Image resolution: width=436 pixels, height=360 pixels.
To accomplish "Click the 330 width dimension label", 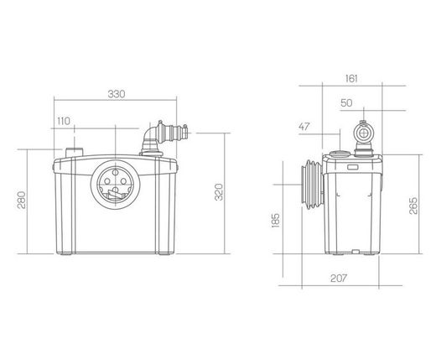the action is [117, 94].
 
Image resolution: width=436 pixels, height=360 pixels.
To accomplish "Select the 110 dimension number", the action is [64, 121].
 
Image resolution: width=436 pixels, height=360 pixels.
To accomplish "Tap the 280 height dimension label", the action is [22, 200].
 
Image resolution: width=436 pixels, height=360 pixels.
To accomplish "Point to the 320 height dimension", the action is [219, 192].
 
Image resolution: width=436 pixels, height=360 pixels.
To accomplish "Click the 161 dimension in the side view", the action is [351, 79].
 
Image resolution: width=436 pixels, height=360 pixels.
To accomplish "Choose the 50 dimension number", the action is [346, 103].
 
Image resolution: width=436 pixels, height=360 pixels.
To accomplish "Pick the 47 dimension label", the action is [304, 127].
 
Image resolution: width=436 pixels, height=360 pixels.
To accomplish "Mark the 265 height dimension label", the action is [413, 206].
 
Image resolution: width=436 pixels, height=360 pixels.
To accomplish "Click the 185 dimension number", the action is [276, 221].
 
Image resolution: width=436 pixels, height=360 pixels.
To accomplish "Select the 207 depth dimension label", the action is [339, 279].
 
